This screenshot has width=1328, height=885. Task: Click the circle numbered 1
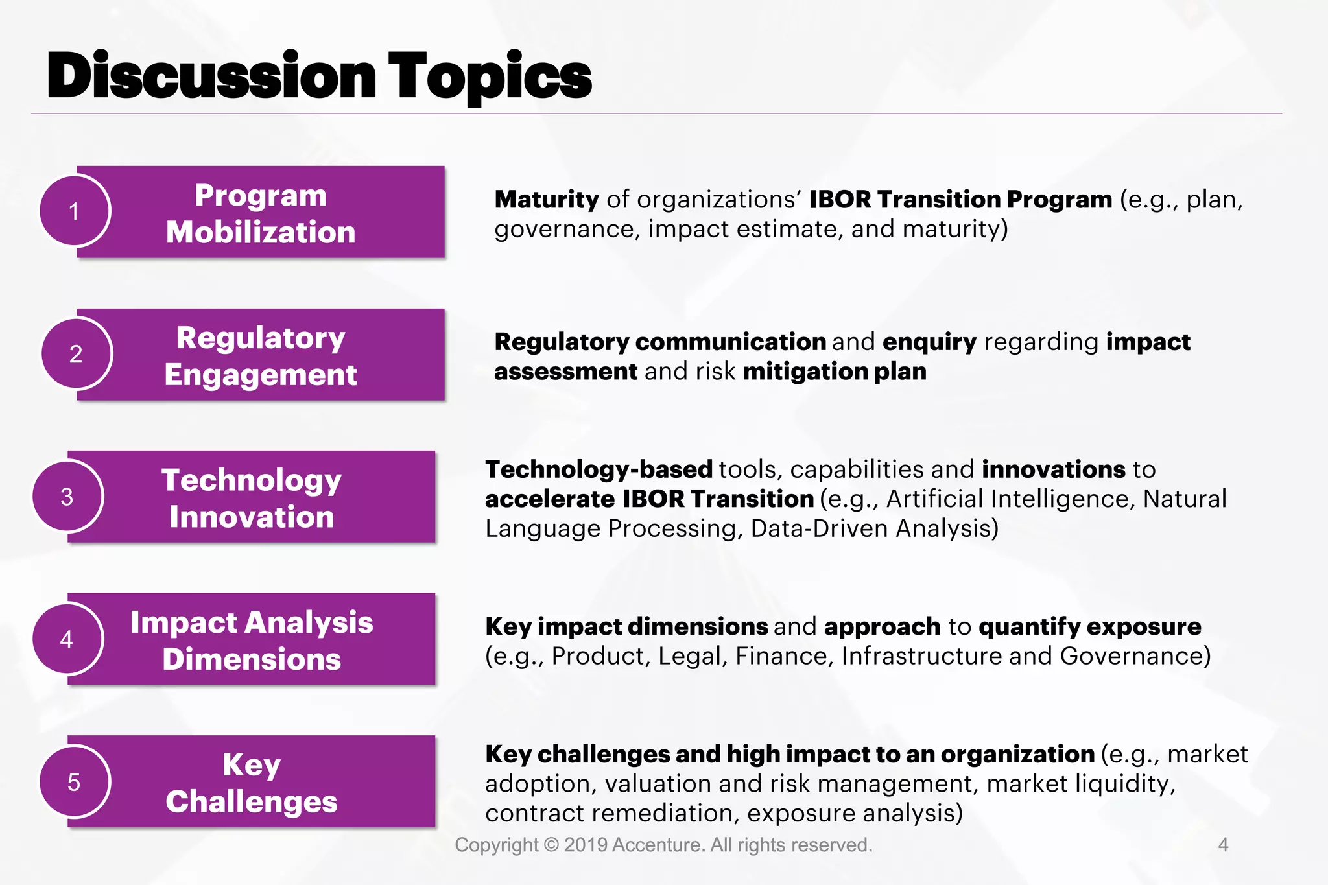click(x=75, y=211)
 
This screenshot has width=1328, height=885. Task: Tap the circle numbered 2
click(x=77, y=353)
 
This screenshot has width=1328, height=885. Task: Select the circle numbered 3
click(x=67, y=496)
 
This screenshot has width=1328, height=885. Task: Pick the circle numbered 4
click(x=67, y=639)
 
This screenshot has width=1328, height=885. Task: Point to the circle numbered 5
click(x=75, y=782)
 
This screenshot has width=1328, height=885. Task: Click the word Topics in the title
click(x=490, y=77)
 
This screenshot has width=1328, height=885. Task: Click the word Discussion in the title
click(x=212, y=77)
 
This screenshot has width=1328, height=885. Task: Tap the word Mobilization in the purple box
click(x=261, y=232)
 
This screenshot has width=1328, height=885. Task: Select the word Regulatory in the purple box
click(x=261, y=338)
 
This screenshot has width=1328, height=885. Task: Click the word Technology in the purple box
click(x=252, y=480)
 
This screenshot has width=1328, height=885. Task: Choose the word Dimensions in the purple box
click(x=252, y=659)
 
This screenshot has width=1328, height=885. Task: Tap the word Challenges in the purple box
click(x=252, y=801)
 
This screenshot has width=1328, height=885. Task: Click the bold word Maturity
click(x=546, y=200)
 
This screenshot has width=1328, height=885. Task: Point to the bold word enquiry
click(x=929, y=342)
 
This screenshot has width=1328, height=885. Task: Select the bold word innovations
click(x=1053, y=469)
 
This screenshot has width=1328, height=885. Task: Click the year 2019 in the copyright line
click(x=585, y=845)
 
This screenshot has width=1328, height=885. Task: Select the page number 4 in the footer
click(x=1223, y=845)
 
